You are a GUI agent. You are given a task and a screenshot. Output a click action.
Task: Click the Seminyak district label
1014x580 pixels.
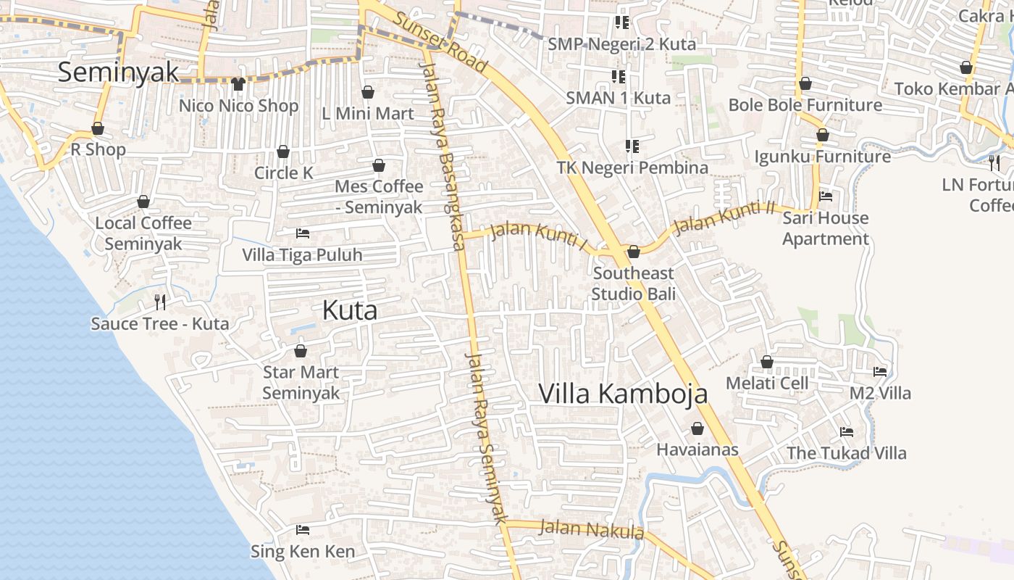[118, 72]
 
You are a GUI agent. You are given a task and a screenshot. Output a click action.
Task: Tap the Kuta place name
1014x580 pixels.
[350, 311]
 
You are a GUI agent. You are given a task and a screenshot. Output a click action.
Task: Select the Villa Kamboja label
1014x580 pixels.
[623, 394]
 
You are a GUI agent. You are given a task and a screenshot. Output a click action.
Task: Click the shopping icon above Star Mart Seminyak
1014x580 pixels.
[301, 352]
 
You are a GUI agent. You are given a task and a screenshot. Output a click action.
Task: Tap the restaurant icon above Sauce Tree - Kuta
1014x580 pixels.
[160, 302]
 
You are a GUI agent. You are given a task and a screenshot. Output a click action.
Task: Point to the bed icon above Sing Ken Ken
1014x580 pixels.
[303, 530]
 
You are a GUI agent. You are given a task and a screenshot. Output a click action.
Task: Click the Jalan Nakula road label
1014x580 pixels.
[591, 529]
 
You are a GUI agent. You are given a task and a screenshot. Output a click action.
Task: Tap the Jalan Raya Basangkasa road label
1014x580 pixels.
[443, 156]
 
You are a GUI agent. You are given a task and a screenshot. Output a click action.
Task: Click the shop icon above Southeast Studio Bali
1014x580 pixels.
[634, 252]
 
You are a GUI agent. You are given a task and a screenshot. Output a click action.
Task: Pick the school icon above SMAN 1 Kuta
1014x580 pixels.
[619, 76]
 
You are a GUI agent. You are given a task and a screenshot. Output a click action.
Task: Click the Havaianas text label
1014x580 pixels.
[697, 449]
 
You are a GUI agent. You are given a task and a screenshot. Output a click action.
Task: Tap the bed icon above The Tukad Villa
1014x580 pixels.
[847, 432]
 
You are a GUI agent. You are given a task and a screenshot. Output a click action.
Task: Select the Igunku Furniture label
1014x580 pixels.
[823, 157]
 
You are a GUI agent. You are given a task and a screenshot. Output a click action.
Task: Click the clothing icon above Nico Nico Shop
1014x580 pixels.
[238, 84]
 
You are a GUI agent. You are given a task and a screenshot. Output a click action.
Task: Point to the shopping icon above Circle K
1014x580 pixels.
[283, 152]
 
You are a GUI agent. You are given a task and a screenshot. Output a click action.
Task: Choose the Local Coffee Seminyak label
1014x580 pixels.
[143, 233]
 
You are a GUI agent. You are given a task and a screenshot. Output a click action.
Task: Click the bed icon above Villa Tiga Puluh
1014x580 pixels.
[303, 233]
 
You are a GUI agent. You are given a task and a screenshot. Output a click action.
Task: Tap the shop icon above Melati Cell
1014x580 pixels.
[767, 362]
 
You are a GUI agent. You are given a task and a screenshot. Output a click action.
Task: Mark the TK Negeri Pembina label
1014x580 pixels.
[632, 167]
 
